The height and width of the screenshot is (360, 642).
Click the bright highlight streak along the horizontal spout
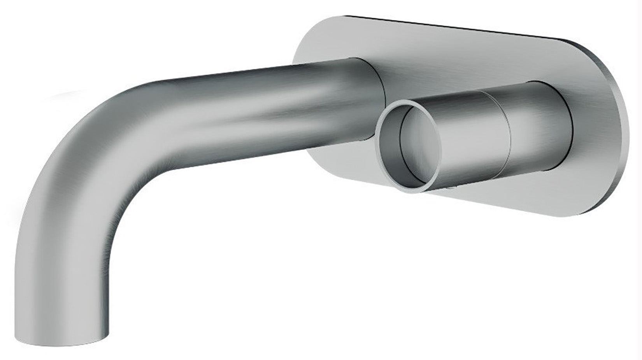click(272, 117)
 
